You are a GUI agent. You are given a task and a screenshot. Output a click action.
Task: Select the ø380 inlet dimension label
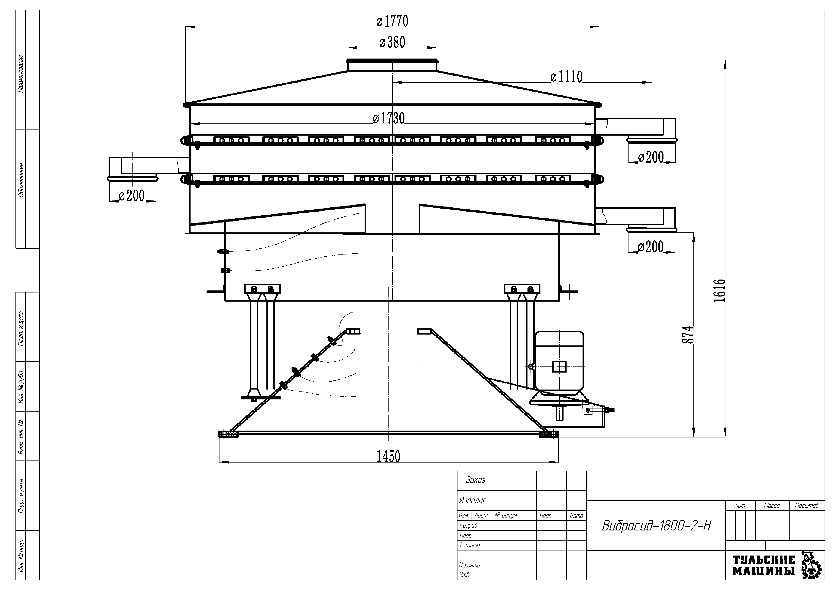tap(392, 43)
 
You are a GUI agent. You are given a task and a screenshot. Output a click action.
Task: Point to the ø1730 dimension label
tap(389, 118)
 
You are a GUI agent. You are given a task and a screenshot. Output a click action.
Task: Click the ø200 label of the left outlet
tap(132, 196)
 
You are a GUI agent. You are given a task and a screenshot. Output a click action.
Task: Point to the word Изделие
tap(473, 501)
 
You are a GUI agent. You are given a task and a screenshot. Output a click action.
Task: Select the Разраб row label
tap(468, 525)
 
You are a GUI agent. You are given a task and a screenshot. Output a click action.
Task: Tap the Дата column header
tap(576, 515)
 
